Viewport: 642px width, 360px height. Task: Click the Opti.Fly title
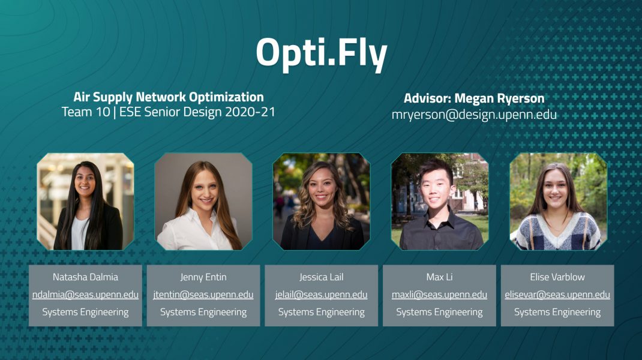tap(322, 54)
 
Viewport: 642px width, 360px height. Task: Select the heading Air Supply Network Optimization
tap(168, 97)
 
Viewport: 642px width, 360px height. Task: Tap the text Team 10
tap(86, 112)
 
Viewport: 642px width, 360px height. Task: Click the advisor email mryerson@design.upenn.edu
tap(474, 114)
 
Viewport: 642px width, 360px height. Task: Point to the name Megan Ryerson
tap(499, 98)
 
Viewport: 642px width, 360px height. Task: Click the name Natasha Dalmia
tap(85, 277)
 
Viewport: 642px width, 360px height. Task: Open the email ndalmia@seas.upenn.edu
tap(85, 295)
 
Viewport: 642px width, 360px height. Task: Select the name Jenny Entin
tap(203, 277)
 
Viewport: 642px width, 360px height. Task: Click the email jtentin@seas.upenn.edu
tap(203, 295)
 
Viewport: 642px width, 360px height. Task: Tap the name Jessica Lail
tap(321, 277)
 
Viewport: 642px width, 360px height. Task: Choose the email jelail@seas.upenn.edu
tap(321, 295)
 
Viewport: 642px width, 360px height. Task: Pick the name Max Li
tap(439, 277)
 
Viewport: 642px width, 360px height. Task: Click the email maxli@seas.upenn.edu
tap(439, 295)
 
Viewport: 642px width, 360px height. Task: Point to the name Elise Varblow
tap(557, 277)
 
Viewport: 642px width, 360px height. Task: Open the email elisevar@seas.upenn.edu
tap(557, 295)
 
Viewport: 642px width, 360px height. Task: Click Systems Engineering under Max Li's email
tap(439, 312)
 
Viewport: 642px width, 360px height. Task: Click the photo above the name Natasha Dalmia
tap(85, 202)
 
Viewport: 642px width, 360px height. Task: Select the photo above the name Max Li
tap(440, 202)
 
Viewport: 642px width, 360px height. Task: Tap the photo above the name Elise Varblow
tap(558, 202)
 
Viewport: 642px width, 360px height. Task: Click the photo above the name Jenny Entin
tap(203, 202)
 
